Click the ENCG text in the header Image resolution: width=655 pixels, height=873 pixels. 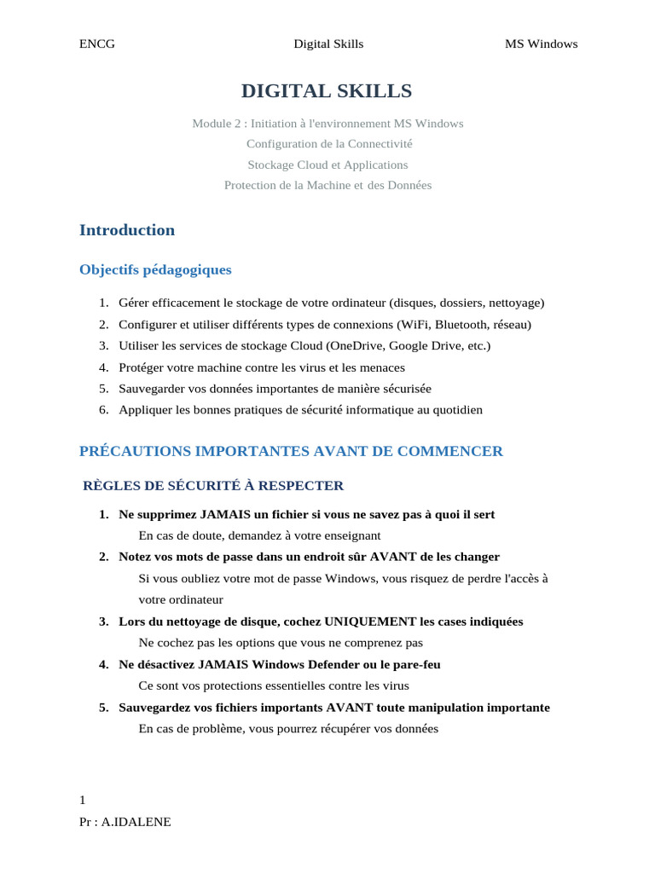point(96,44)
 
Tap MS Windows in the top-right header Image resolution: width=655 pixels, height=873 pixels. point(541,44)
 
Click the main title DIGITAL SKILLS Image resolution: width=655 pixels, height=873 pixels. point(327,91)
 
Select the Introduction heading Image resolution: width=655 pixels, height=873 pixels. point(127,230)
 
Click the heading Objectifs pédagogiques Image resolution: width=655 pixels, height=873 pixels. point(155,270)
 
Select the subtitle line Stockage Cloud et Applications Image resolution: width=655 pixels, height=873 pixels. point(327,165)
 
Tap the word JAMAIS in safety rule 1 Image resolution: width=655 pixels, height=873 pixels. point(220,515)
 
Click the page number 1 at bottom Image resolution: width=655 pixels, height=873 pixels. point(83,800)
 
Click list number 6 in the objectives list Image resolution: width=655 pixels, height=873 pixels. point(103,410)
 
